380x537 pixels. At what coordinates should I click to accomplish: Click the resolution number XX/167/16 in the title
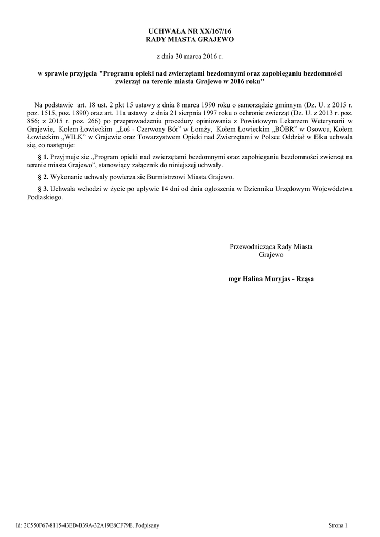(x=209, y=32)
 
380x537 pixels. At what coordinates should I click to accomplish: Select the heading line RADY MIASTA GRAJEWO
(x=190, y=39)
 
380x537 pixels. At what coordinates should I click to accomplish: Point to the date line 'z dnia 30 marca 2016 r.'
(x=190, y=55)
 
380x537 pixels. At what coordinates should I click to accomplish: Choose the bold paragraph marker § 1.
(x=44, y=157)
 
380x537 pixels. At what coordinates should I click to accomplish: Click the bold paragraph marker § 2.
(x=44, y=176)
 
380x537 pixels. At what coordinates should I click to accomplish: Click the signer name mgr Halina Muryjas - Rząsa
(x=271, y=279)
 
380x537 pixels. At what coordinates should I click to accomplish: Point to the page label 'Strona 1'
(x=338, y=524)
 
